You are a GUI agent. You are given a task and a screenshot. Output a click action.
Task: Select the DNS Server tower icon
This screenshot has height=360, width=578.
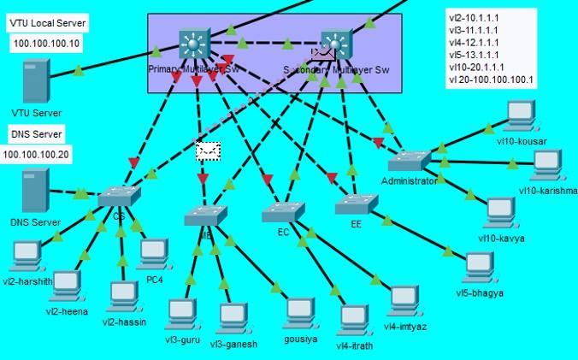[35, 190]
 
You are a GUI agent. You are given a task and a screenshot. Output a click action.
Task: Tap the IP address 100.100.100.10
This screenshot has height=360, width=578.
[47, 44]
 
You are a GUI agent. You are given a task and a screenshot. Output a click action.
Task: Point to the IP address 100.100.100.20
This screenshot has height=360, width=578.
[37, 155]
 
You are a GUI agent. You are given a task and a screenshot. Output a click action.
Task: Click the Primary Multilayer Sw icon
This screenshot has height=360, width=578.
[194, 44]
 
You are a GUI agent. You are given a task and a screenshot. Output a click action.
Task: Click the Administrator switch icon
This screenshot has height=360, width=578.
[410, 160]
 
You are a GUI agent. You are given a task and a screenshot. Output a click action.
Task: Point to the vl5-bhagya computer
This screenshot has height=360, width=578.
[478, 266]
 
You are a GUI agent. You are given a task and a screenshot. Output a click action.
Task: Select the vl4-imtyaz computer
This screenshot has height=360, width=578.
[404, 300]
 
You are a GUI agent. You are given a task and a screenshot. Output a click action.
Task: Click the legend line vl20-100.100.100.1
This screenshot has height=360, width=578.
[490, 80]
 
